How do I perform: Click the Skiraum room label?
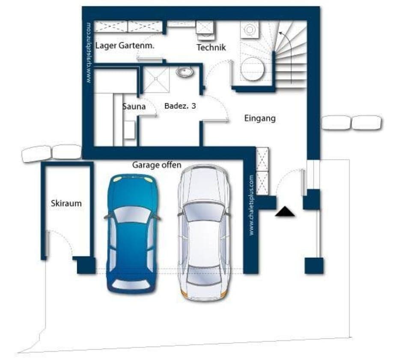pyautogui.click(x=66, y=204)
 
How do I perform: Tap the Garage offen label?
pyautogui.click(x=156, y=165)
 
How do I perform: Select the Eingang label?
pyautogui.click(x=259, y=118)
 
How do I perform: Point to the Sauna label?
pyautogui.click(x=134, y=106)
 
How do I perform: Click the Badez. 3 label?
pyautogui.click(x=180, y=106)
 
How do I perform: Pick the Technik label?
pyautogui.click(x=211, y=48)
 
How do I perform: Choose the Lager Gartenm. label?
pyautogui.click(x=125, y=45)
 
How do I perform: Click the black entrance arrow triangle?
pyautogui.click(x=285, y=211)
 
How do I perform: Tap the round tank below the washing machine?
pyautogui.click(x=251, y=69)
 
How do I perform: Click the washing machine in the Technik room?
pyautogui.click(x=250, y=30)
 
